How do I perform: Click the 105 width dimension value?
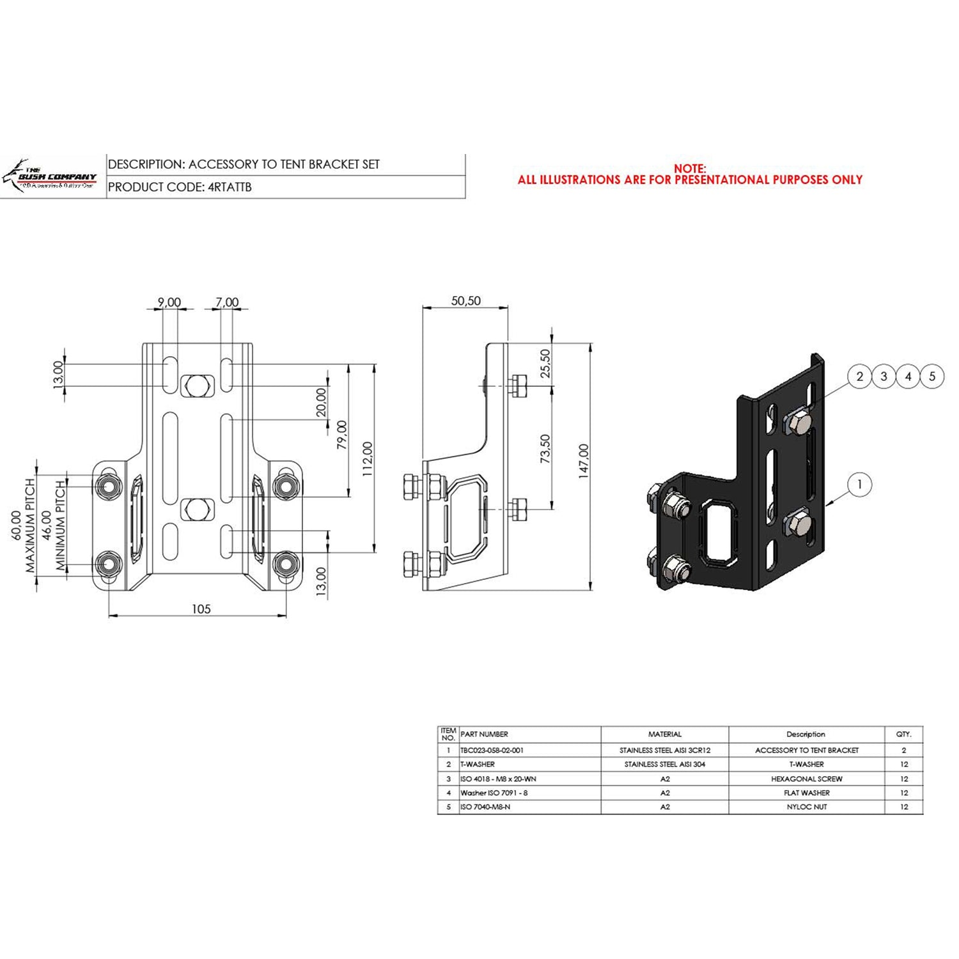[x=201, y=609]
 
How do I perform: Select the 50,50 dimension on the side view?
[x=465, y=301]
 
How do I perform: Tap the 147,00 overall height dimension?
[x=584, y=461]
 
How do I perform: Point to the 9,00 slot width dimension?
[x=169, y=302]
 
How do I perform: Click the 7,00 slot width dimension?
[x=227, y=302]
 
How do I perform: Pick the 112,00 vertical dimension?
[x=368, y=458]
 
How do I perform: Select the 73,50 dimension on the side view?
[x=545, y=449]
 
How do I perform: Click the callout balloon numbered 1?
[x=859, y=485]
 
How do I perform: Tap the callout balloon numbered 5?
[x=932, y=377]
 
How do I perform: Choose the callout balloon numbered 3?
[x=884, y=377]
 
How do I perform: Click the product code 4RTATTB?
[x=230, y=187]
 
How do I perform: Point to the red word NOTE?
[x=690, y=169]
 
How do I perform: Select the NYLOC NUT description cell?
[x=806, y=807]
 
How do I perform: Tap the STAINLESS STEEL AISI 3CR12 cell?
[x=664, y=751]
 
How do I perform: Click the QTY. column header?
[x=903, y=735]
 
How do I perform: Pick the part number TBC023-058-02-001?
[x=492, y=751]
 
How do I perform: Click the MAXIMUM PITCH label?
[x=30, y=526]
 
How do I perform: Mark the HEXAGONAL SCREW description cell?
[x=806, y=779]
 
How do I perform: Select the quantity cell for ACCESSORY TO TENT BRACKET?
[x=903, y=751]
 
